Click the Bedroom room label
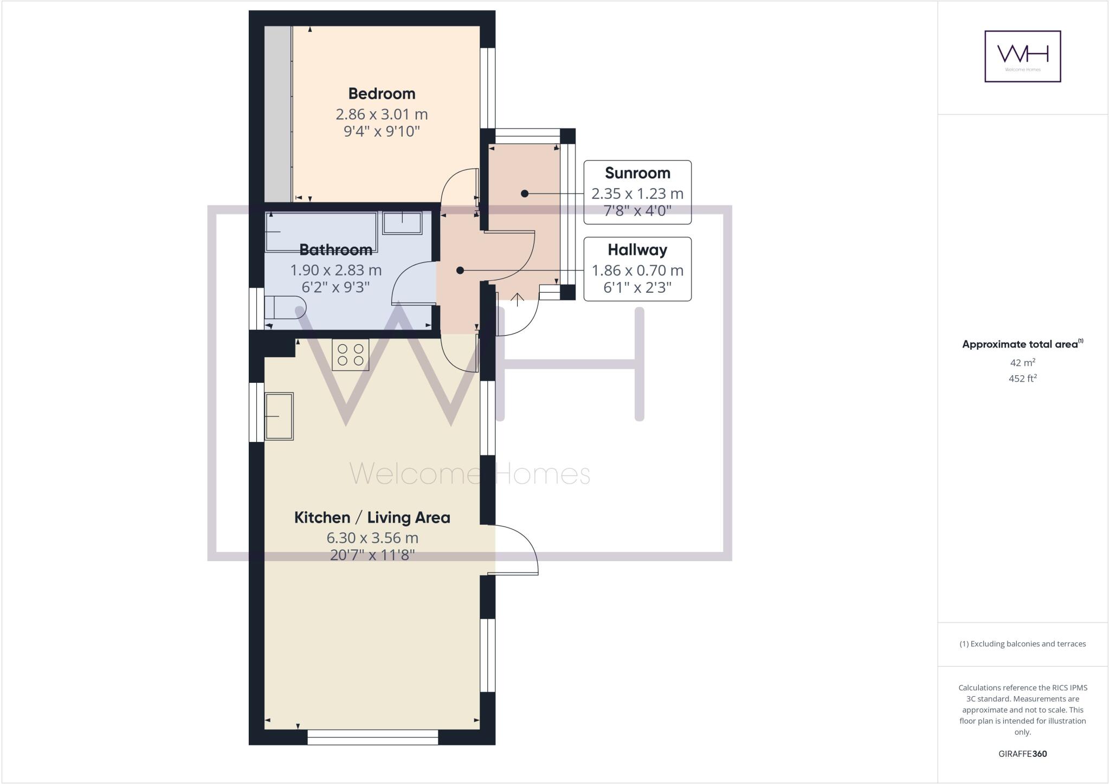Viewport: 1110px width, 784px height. (x=382, y=94)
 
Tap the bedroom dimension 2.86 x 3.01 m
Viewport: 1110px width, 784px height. (x=382, y=114)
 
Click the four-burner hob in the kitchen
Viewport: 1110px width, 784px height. (x=350, y=355)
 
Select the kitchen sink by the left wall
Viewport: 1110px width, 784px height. (x=279, y=416)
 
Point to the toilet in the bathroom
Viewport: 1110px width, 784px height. (x=284, y=307)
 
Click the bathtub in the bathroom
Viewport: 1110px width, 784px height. (x=321, y=232)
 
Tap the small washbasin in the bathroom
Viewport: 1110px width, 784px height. (x=402, y=223)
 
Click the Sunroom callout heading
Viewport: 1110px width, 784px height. (x=637, y=173)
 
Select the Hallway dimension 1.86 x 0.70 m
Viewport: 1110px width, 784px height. (x=637, y=270)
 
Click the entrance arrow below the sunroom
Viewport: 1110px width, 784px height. (x=518, y=299)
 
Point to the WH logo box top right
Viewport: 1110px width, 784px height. (x=1022, y=56)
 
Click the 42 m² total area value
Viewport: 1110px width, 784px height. (x=1022, y=363)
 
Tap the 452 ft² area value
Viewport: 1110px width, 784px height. (x=1022, y=378)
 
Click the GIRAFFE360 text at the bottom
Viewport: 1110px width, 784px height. (x=1022, y=754)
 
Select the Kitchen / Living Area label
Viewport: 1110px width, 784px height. (x=372, y=518)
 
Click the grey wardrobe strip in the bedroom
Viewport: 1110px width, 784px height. (x=277, y=114)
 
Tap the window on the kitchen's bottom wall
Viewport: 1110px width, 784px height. (x=372, y=737)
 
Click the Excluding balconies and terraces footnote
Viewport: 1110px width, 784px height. (x=1022, y=644)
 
